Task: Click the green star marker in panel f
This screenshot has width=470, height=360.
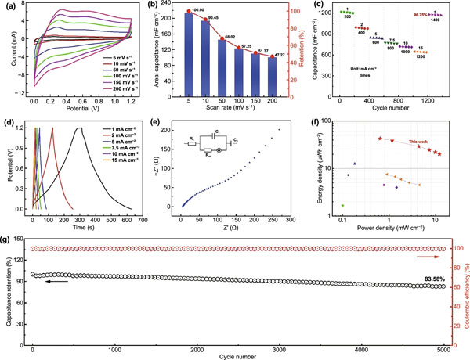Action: [342, 205]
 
